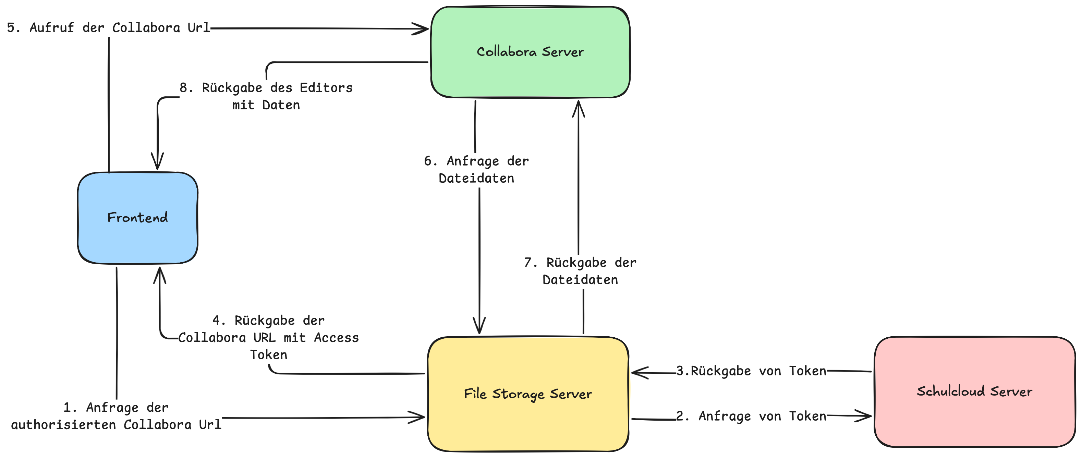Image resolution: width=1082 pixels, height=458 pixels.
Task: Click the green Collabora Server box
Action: (x=530, y=52)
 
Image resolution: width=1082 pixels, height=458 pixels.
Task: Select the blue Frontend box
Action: (x=138, y=218)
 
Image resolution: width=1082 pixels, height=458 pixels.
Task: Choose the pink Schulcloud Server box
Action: (x=974, y=391)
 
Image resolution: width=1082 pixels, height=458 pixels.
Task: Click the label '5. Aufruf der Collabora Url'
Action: (x=108, y=28)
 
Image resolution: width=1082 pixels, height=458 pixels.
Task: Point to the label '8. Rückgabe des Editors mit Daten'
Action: (x=266, y=96)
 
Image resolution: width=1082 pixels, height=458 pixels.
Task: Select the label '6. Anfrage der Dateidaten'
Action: (x=476, y=170)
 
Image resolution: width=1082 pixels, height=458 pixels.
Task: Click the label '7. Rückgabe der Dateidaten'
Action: (x=580, y=271)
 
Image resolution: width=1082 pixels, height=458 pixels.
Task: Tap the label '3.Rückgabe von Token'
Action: (x=751, y=371)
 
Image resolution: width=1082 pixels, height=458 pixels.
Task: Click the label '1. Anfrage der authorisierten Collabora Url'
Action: (x=116, y=416)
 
